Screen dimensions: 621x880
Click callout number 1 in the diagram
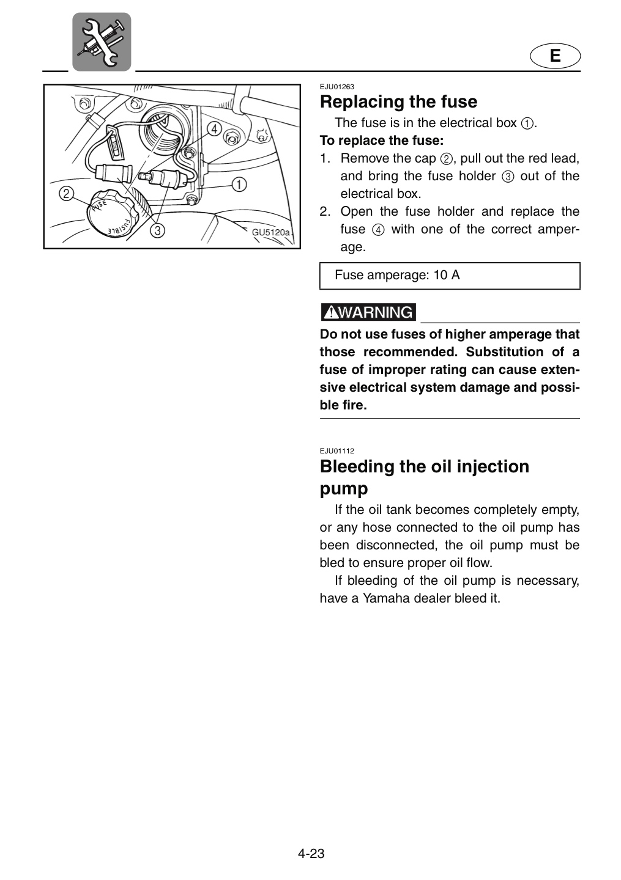click(239, 184)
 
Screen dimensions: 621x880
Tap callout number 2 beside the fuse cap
click(66, 194)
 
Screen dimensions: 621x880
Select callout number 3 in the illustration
click(157, 230)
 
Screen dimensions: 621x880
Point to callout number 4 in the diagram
click(214, 128)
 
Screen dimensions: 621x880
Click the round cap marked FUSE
click(112, 213)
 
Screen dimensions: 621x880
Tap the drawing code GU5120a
click(270, 232)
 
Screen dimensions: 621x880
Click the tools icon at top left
click(102, 42)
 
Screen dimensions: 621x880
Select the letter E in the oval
click(555, 56)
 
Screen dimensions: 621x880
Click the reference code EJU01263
click(337, 87)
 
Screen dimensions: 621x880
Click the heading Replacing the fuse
click(398, 101)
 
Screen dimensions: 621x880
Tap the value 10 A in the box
click(447, 275)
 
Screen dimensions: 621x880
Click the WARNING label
click(368, 312)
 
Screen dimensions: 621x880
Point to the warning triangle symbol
click(332, 313)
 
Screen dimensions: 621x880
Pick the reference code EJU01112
click(337, 451)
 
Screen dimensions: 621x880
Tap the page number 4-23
click(311, 850)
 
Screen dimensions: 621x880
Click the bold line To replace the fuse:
click(382, 141)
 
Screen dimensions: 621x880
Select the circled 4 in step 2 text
click(378, 230)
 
